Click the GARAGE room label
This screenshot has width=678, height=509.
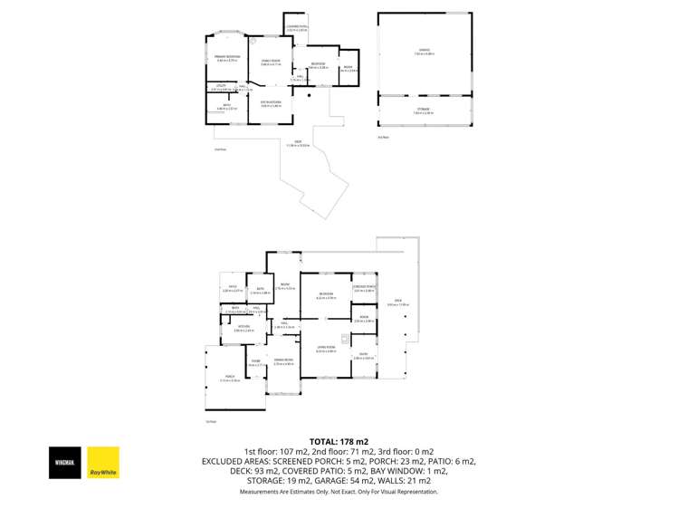pos(424,51)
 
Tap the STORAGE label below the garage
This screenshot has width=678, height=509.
pos(424,110)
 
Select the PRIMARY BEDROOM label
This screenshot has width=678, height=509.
pos(227,58)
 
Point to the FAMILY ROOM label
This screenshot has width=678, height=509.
pos(272,62)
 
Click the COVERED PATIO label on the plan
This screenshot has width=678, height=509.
pos(297,28)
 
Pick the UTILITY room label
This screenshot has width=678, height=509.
pos(220,87)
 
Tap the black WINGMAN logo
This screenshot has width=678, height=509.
pos(66,461)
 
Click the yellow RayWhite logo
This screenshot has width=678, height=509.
pos(101,461)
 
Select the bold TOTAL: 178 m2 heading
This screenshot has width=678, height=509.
pos(339,441)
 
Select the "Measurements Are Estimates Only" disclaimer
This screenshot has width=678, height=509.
pos(339,492)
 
